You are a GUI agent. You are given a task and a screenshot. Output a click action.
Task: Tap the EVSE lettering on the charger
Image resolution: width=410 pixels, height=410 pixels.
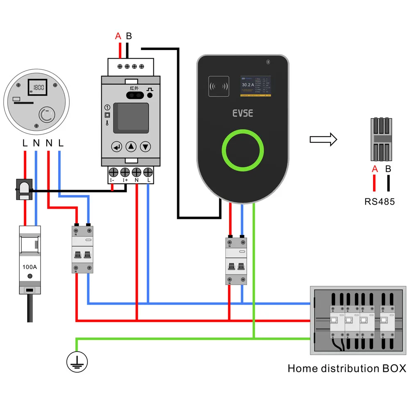[x=243, y=113]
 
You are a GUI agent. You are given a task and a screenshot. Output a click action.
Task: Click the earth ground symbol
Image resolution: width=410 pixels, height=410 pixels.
[x=77, y=361]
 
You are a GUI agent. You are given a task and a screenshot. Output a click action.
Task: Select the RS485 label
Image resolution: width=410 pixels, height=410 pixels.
[x=380, y=201]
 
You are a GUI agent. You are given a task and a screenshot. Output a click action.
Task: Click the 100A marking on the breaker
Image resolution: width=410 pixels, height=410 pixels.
[x=30, y=266]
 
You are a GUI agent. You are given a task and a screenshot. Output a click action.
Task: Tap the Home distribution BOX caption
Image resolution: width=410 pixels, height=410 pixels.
[x=347, y=368]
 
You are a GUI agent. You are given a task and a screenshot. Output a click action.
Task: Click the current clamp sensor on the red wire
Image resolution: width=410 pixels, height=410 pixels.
[x=24, y=189]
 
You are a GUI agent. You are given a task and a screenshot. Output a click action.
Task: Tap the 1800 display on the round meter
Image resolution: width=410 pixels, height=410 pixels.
[x=39, y=87]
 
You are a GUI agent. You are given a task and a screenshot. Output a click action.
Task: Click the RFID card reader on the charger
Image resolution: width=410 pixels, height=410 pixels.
[x=218, y=87]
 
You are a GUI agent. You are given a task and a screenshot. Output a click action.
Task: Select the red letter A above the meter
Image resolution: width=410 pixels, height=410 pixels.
[x=118, y=36]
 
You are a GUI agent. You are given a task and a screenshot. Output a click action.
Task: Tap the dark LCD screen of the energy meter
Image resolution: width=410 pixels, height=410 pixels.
[x=131, y=119]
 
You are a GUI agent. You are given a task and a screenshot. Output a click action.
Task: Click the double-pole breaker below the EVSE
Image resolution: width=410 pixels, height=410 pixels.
[x=237, y=261]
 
